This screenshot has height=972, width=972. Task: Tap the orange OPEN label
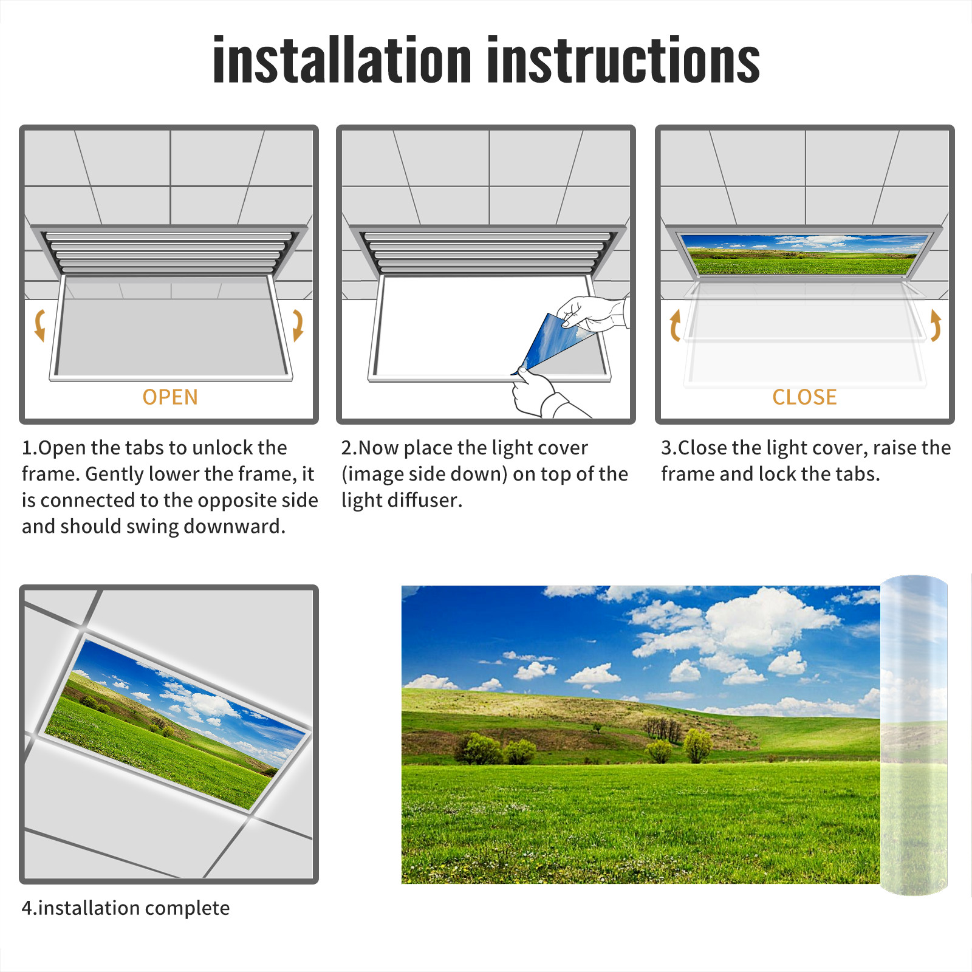(x=170, y=397)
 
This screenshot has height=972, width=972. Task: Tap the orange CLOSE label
(x=804, y=397)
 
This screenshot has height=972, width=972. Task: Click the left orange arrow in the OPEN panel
(x=40, y=325)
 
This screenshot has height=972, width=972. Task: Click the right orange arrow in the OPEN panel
(x=298, y=325)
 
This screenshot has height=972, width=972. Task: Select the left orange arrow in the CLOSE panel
(x=675, y=325)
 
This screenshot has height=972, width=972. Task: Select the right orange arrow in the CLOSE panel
(x=936, y=325)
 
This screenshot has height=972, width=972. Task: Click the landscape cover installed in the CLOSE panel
(x=804, y=255)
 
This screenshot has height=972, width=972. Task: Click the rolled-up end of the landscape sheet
(x=914, y=735)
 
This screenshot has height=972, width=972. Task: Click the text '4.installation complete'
(x=126, y=908)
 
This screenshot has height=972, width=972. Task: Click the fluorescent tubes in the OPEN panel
(x=169, y=252)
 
